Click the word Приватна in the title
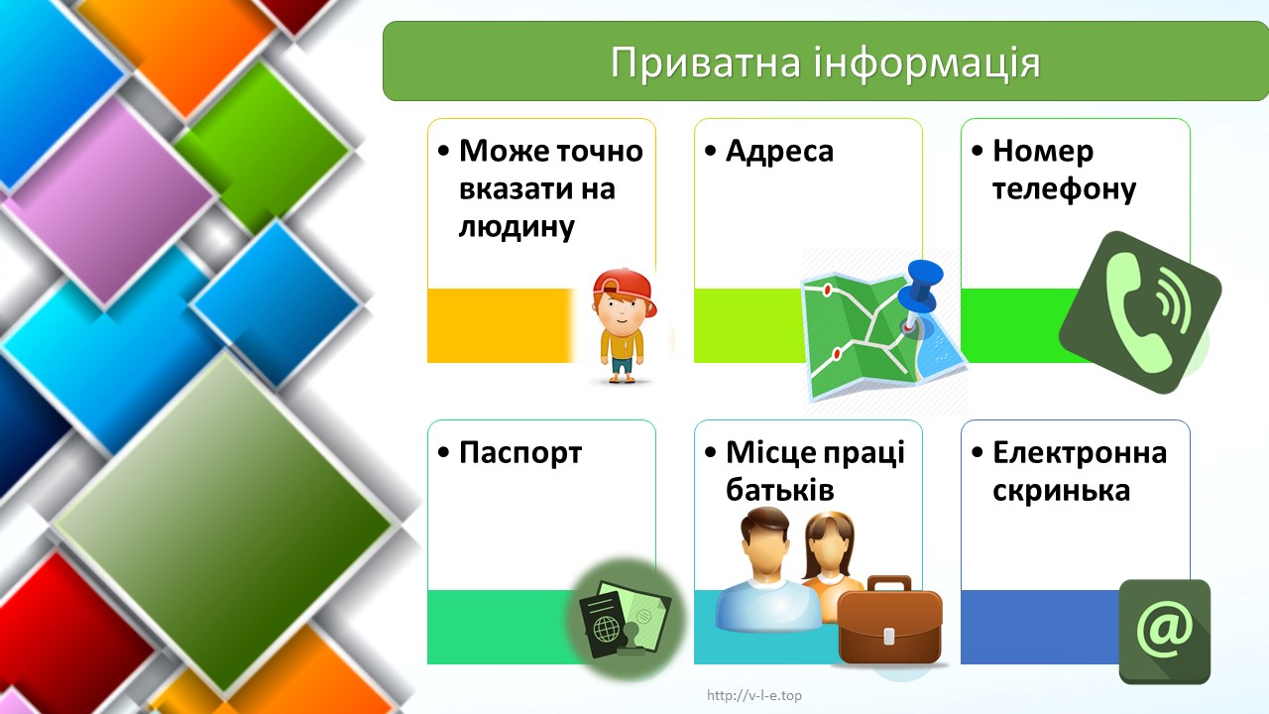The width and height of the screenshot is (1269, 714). click(x=705, y=62)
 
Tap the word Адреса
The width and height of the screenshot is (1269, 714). click(x=779, y=152)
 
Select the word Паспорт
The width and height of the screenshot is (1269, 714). click(x=520, y=453)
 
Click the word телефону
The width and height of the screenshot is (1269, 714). click(x=1064, y=188)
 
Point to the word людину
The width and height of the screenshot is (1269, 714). click(x=517, y=227)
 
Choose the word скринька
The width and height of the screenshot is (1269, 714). click(x=1061, y=491)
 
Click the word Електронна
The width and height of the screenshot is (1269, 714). click(x=1080, y=453)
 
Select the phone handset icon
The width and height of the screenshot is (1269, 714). click(x=1139, y=312)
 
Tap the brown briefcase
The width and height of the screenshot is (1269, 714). click(x=890, y=620)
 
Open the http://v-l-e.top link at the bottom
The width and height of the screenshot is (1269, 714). click(x=754, y=695)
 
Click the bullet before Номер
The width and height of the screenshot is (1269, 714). click(x=978, y=152)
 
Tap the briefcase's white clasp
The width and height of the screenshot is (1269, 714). click(x=889, y=636)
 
